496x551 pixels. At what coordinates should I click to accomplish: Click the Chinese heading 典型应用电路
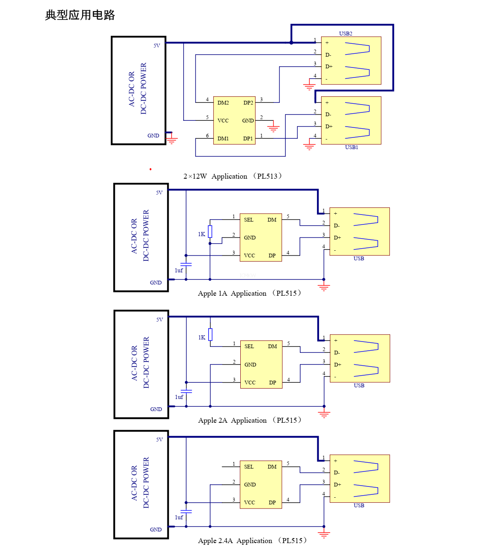(80, 15)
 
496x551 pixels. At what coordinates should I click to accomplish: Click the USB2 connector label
(345, 33)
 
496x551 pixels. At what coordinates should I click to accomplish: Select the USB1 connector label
(351, 147)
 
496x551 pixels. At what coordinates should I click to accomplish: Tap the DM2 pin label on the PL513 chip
(223, 102)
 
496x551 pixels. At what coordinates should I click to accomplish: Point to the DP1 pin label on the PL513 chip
(248, 138)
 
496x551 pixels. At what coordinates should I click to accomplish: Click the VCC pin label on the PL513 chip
(223, 120)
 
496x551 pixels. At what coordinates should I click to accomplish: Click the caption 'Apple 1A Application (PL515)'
(249, 293)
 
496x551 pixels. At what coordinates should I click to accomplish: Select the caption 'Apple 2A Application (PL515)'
(249, 420)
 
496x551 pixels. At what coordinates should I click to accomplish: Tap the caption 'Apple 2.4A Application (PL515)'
(252, 541)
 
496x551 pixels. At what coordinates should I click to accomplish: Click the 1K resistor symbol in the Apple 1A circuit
(210, 232)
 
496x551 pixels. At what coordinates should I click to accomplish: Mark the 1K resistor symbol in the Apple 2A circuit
(210, 334)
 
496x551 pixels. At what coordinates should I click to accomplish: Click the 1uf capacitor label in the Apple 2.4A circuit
(179, 517)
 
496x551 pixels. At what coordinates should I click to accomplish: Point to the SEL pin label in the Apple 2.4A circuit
(249, 467)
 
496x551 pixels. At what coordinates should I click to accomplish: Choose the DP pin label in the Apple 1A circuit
(272, 255)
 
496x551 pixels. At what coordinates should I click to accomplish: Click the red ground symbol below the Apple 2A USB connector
(324, 414)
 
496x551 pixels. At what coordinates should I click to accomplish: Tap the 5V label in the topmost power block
(157, 46)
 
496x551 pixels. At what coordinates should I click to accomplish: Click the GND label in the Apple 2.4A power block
(156, 529)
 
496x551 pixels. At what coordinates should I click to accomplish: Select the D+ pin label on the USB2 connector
(329, 67)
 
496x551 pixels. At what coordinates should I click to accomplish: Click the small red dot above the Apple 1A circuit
(150, 169)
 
